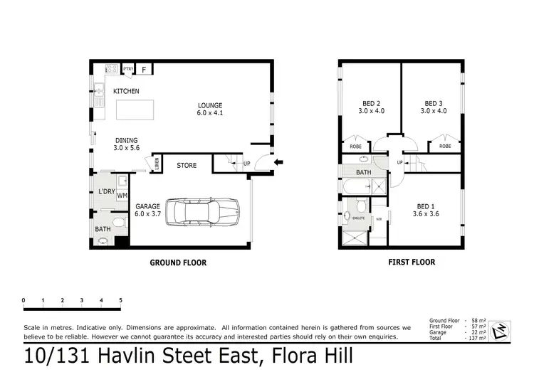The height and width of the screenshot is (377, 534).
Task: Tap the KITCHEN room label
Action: (x=126, y=91)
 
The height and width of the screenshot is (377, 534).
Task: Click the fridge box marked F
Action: (x=145, y=70)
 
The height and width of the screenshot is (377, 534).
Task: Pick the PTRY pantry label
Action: (x=128, y=69)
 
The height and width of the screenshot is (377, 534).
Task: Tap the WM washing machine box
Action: (x=122, y=195)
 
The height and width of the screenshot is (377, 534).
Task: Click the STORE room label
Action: (x=187, y=166)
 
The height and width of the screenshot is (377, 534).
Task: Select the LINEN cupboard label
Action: (x=156, y=165)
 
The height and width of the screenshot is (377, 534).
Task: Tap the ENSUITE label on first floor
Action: (x=359, y=218)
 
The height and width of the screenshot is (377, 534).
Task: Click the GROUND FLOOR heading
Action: (x=178, y=262)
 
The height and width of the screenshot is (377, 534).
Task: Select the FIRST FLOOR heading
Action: (x=412, y=262)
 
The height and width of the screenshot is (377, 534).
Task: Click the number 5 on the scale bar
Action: (x=121, y=299)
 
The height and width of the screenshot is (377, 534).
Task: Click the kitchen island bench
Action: (x=135, y=110)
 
